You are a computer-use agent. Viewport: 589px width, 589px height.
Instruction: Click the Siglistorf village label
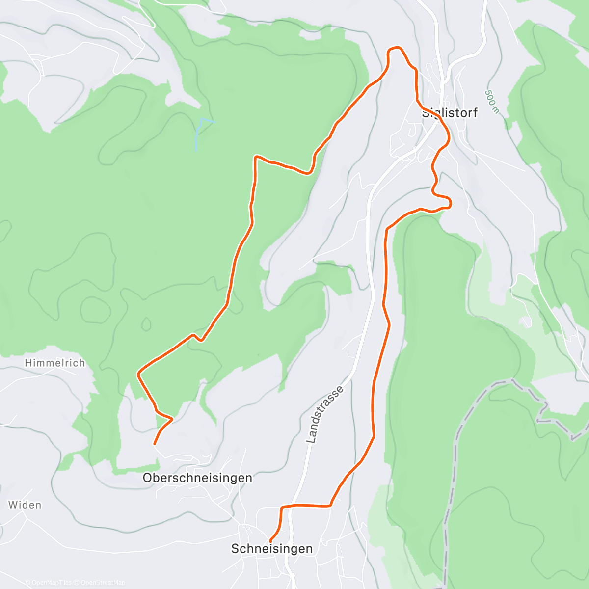tap(450, 113)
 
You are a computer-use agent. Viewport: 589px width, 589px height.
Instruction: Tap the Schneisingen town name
tap(271, 549)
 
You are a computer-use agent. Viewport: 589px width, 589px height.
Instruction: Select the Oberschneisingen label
tap(197, 478)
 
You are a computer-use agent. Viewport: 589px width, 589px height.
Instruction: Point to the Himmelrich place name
tap(55, 363)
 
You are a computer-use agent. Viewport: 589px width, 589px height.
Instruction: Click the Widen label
tap(25, 505)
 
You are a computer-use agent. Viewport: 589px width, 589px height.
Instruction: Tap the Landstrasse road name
tap(324, 415)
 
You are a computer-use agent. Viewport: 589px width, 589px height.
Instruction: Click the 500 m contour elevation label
tap(491, 101)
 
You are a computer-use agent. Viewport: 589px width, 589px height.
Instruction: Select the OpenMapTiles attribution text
tap(51, 583)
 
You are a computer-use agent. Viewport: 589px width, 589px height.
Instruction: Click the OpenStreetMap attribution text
tap(103, 583)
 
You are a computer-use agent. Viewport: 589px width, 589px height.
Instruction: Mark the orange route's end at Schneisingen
tap(271, 541)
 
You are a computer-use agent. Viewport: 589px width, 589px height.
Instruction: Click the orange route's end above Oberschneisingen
tap(155, 444)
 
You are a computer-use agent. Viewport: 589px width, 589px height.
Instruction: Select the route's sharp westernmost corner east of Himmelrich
tap(138, 374)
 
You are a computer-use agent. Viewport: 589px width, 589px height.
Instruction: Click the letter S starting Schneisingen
tap(235, 549)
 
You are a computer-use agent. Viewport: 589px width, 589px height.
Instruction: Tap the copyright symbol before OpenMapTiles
tap(27, 583)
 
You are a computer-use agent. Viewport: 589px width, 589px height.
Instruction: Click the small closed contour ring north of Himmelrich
tap(146, 324)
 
